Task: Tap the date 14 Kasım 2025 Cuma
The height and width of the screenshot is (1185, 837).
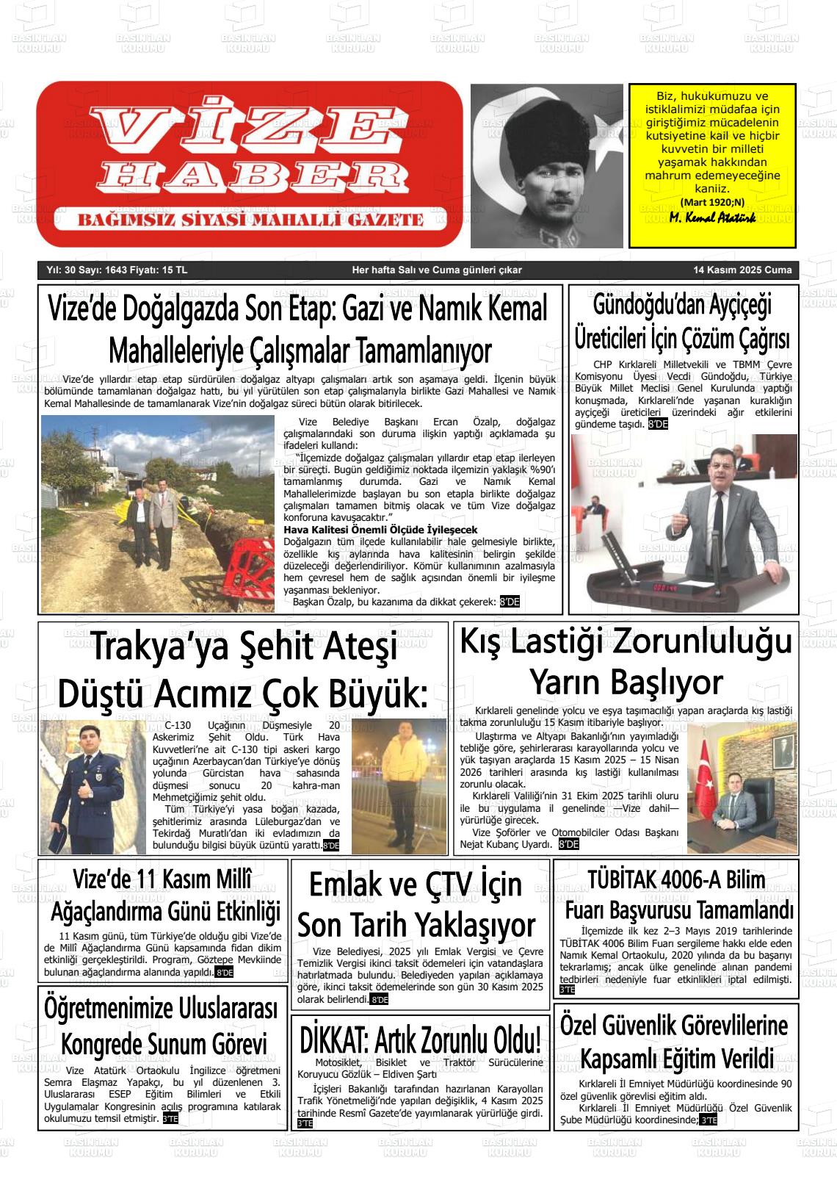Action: [x=742, y=270]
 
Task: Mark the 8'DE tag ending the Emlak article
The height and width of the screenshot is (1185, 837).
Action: [x=380, y=1000]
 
